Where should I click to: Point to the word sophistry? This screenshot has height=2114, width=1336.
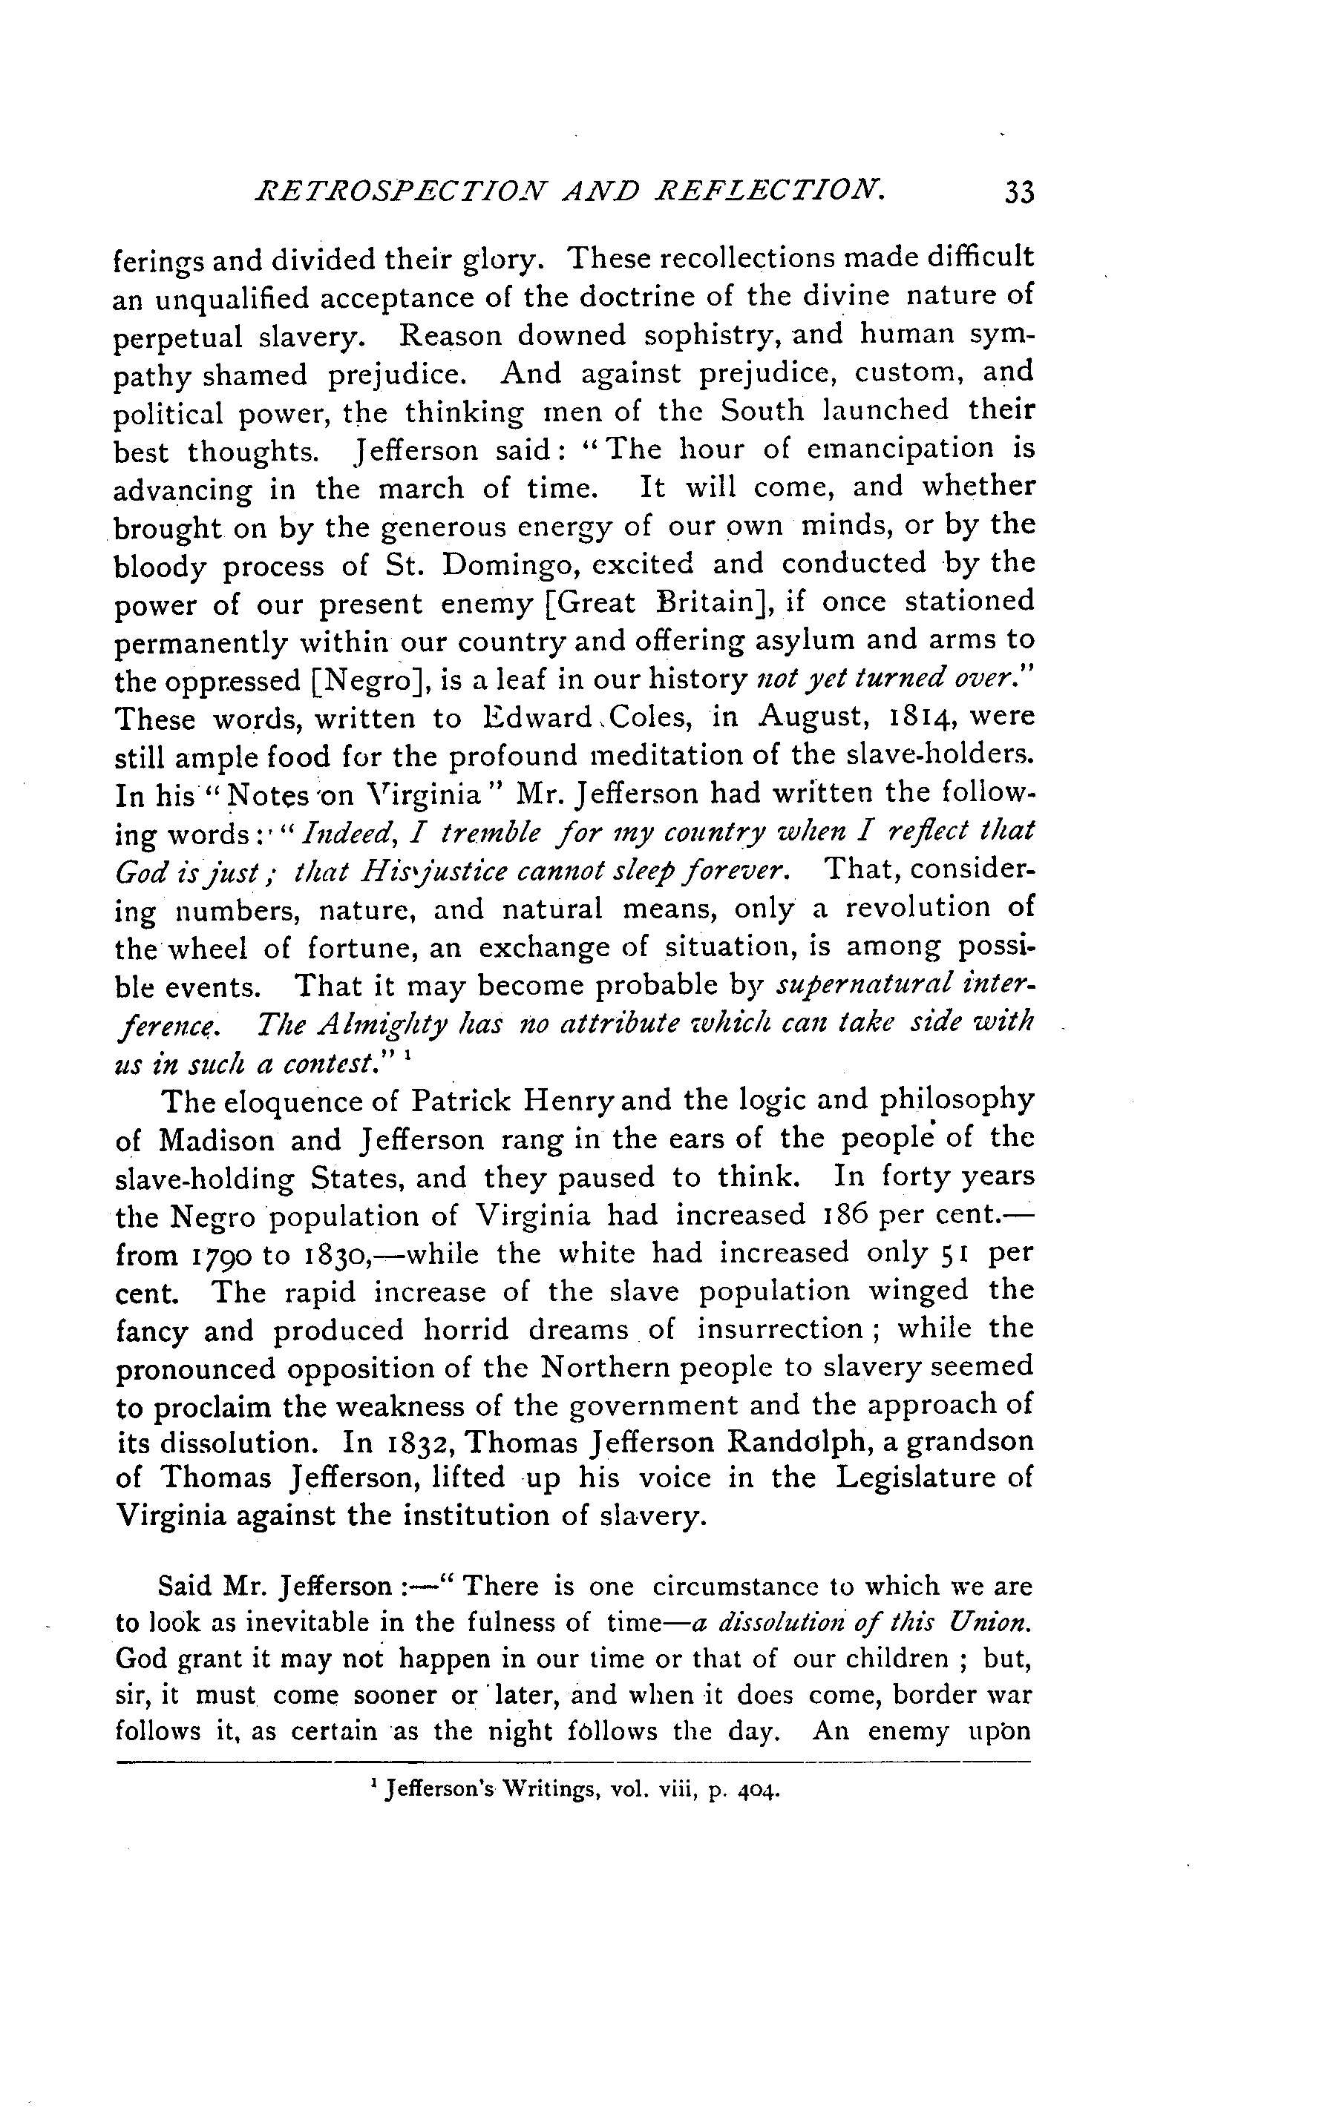point(710,336)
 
